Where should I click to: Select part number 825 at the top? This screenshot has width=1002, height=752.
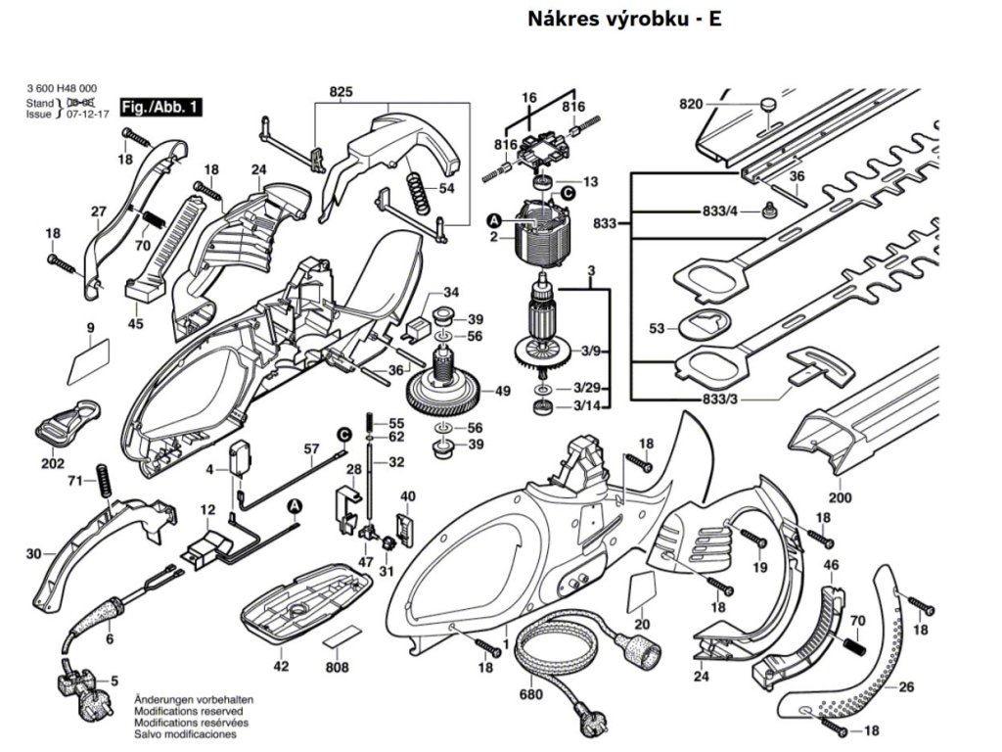(x=341, y=92)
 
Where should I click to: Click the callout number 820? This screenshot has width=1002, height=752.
(x=691, y=104)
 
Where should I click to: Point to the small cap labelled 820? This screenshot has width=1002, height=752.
(x=768, y=102)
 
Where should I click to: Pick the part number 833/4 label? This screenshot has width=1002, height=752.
(x=719, y=211)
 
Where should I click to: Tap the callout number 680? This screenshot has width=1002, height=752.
(x=530, y=694)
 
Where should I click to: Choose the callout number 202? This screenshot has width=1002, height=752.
(x=53, y=462)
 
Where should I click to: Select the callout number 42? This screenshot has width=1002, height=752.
(x=282, y=666)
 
